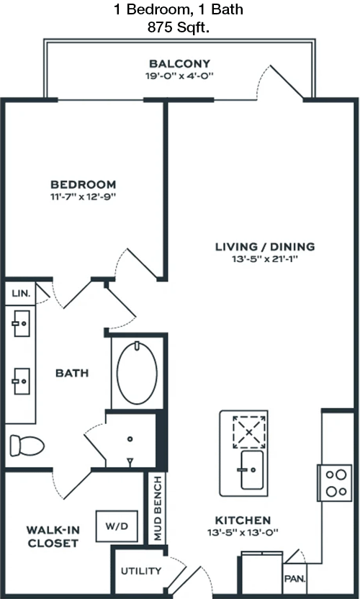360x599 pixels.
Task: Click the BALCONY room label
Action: [179, 63]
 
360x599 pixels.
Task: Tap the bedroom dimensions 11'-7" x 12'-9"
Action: [84, 197]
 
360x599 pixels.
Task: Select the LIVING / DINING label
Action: [265, 246]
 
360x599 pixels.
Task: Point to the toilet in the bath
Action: [27, 445]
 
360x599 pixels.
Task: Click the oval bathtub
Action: [137, 373]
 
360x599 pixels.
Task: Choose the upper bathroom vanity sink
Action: [22, 323]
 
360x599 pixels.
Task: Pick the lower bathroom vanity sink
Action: [22, 381]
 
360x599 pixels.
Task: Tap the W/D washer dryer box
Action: [117, 526]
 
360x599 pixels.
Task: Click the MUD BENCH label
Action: [157, 508]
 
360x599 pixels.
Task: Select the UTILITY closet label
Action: [141, 571]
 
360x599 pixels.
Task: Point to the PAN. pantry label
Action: [294, 579]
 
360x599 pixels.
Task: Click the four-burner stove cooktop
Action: [335, 482]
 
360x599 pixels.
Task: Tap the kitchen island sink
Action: [252, 470]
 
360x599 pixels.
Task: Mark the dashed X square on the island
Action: [249, 432]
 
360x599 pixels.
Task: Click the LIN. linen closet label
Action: [19, 294]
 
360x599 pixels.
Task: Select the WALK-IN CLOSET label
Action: [53, 537]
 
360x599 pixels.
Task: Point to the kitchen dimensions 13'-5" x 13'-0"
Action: [243, 532]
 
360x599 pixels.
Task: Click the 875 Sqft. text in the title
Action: [179, 28]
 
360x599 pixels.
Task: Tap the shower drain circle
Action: [130, 439]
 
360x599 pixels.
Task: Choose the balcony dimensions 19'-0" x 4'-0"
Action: [179, 76]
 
